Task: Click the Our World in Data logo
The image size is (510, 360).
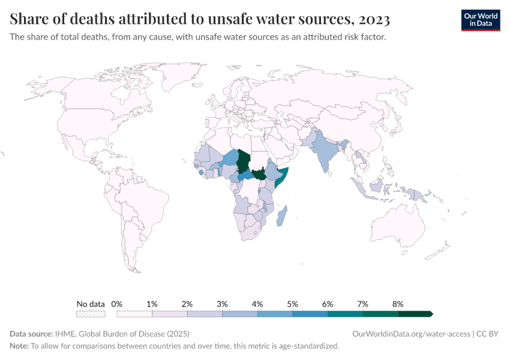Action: coord(480,20)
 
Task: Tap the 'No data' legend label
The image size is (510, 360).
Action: coord(91,304)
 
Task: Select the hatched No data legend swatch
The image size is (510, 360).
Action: coord(91,314)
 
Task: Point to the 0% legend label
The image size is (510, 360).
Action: coord(118,304)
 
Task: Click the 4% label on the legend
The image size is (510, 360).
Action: coord(257,304)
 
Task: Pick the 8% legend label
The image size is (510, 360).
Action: coord(397,304)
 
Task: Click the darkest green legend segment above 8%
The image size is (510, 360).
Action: coord(415,314)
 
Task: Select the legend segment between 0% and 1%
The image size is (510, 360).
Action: coord(134,314)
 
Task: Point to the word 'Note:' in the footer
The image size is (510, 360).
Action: coord(19,346)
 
